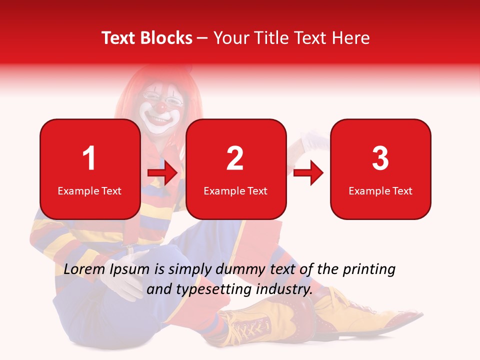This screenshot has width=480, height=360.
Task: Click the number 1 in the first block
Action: click(89, 158)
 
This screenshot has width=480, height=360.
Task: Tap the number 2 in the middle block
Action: click(235, 158)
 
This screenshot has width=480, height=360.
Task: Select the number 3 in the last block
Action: click(380, 158)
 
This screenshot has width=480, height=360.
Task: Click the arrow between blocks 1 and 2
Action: click(163, 173)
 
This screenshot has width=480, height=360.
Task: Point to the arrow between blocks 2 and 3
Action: click(308, 173)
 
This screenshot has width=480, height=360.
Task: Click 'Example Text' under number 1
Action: click(89, 191)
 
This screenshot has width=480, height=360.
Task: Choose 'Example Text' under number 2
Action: click(235, 191)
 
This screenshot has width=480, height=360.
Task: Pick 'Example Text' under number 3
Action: click(380, 191)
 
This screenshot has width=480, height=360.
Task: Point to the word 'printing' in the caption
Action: click(369, 269)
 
